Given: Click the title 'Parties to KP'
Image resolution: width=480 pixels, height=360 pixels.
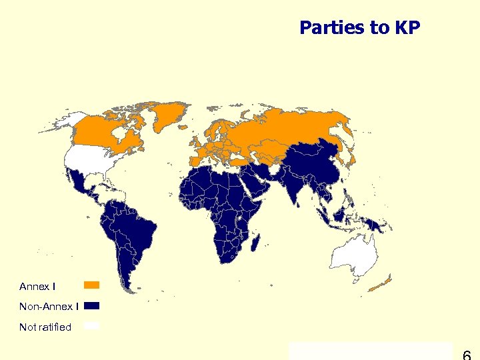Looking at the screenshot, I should click(359, 28).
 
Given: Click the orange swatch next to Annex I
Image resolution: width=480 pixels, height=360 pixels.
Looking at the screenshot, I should click(91, 285).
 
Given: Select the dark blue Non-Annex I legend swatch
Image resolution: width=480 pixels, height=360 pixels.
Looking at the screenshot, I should click(91, 306).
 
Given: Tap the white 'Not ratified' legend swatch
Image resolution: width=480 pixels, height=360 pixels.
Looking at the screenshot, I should click(91, 326).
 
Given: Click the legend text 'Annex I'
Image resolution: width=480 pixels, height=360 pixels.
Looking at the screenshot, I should click(37, 287).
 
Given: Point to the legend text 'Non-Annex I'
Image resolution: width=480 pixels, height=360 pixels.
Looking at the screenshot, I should click(49, 307).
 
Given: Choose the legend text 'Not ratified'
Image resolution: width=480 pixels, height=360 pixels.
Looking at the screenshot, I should click(45, 327).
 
